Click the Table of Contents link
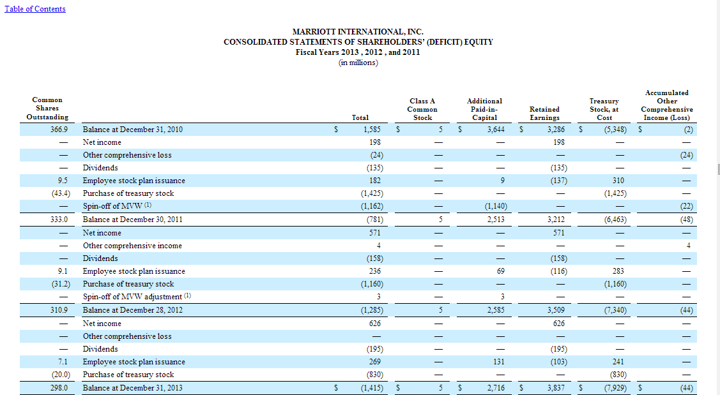click(35, 9)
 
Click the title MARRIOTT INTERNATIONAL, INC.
click(358, 32)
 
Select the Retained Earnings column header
click(544, 114)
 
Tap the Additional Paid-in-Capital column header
click(484, 109)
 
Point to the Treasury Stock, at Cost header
click(604, 109)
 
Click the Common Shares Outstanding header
click(47, 108)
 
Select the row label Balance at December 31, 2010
click(133, 130)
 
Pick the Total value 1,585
click(372, 130)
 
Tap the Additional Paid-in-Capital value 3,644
click(496, 130)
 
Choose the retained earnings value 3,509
click(555, 311)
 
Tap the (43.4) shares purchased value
click(60, 193)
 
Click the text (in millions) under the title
click(358, 62)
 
